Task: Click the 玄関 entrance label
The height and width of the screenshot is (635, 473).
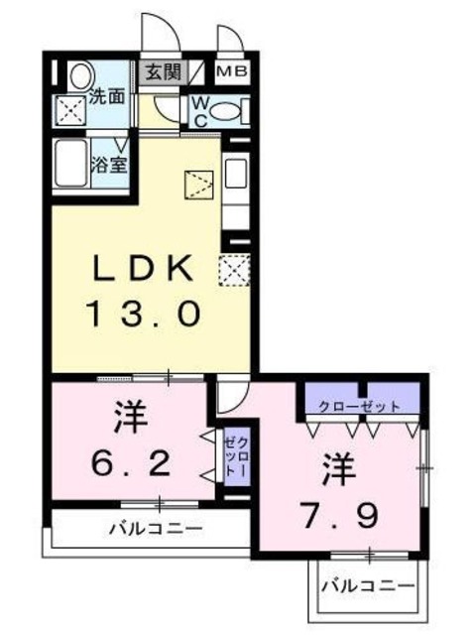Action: pyautogui.click(x=163, y=72)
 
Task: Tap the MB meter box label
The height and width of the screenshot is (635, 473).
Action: pyautogui.click(x=234, y=72)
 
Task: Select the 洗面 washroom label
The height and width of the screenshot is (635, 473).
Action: pyautogui.click(x=106, y=97)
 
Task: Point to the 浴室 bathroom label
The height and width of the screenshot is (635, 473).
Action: pyautogui.click(x=109, y=164)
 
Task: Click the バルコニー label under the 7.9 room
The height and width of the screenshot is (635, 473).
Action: pyautogui.click(x=368, y=586)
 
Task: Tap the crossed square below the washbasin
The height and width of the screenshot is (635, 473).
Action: pyautogui.click(x=72, y=111)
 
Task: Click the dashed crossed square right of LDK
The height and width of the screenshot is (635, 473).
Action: pyautogui.click(x=233, y=271)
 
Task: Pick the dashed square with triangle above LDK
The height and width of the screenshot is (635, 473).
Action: pyautogui.click(x=198, y=186)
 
